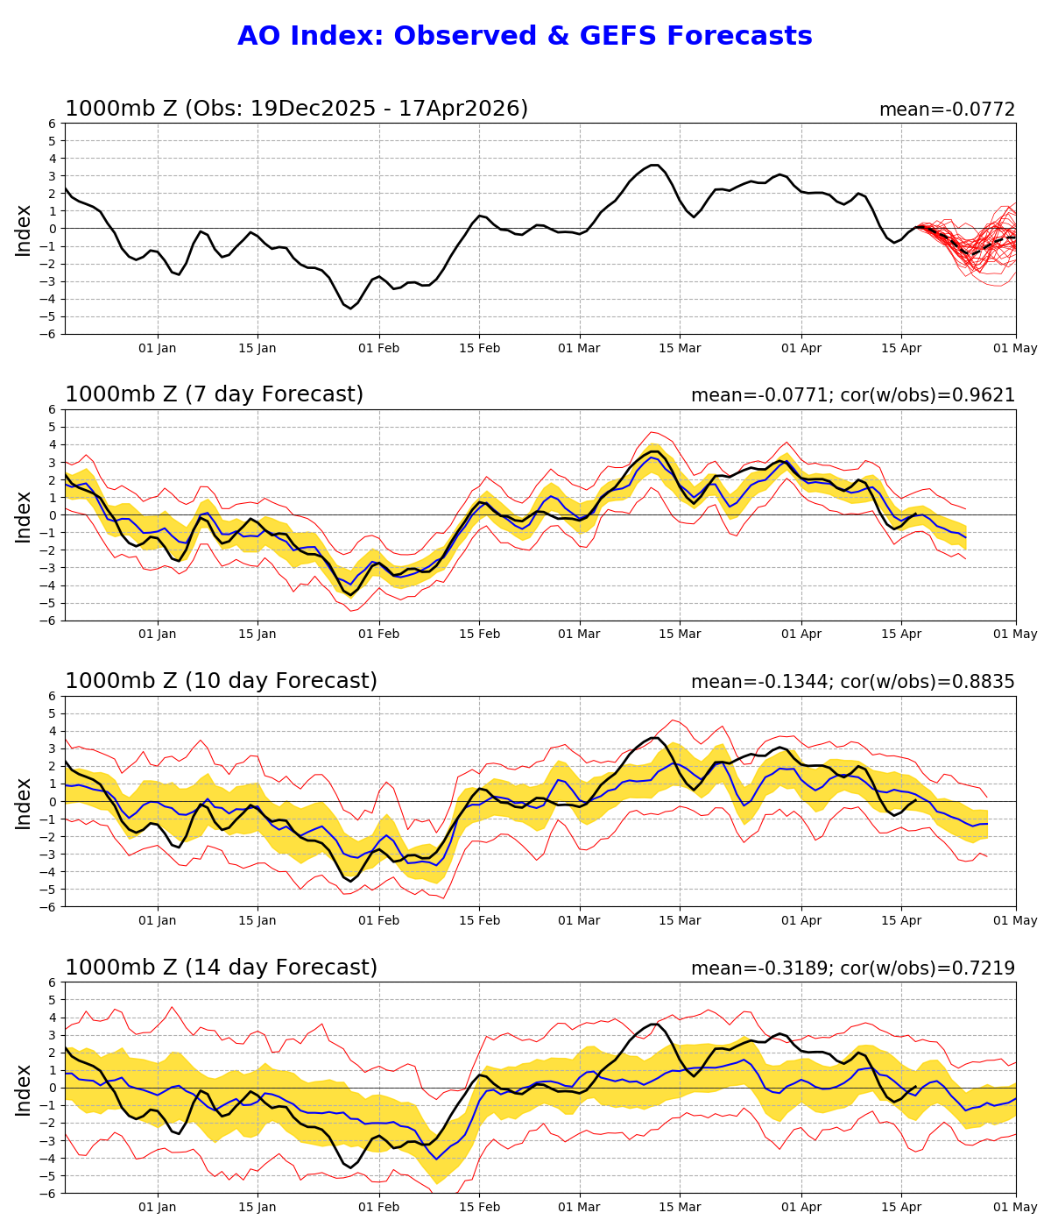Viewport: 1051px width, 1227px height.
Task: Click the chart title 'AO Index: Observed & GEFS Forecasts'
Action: tap(525, 36)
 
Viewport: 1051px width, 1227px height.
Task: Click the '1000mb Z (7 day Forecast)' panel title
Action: tap(214, 395)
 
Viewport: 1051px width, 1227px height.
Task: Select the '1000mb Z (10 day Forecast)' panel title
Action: tap(221, 681)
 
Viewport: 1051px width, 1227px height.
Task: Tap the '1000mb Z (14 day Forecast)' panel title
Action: tap(221, 968)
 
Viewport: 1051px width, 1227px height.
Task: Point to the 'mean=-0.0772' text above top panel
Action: tap(947, 110)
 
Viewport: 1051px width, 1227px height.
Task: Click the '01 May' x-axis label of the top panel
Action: tap(1016, 348)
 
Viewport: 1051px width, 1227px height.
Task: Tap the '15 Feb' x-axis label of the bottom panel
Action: tap(479, 1207)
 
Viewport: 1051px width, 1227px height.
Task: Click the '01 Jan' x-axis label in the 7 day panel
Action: tap(158, 635)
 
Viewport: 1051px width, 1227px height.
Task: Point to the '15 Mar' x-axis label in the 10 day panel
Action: tap(680, 920)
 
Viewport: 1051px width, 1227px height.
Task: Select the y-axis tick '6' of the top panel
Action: tap(53, 124)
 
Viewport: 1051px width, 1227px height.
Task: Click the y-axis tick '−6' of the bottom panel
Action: tap(49, 1193)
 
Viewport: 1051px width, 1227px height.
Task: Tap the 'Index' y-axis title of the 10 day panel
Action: tap(24, 801)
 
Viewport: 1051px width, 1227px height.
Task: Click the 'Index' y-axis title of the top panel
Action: tap(24, 229)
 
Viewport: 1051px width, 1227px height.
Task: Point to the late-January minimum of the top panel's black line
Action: tap(350, 308)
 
